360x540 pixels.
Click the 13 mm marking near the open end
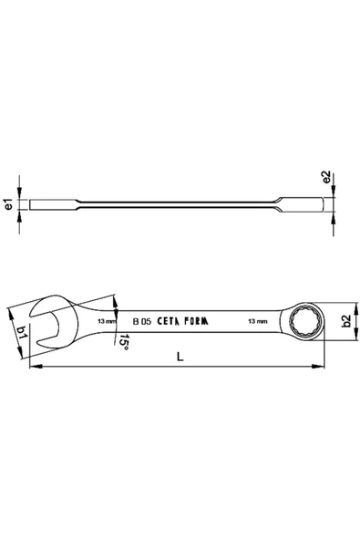[106, 321]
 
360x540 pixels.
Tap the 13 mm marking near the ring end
[257, 321]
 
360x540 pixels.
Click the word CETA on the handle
[172, 321]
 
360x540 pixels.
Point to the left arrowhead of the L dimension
[33, 369]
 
